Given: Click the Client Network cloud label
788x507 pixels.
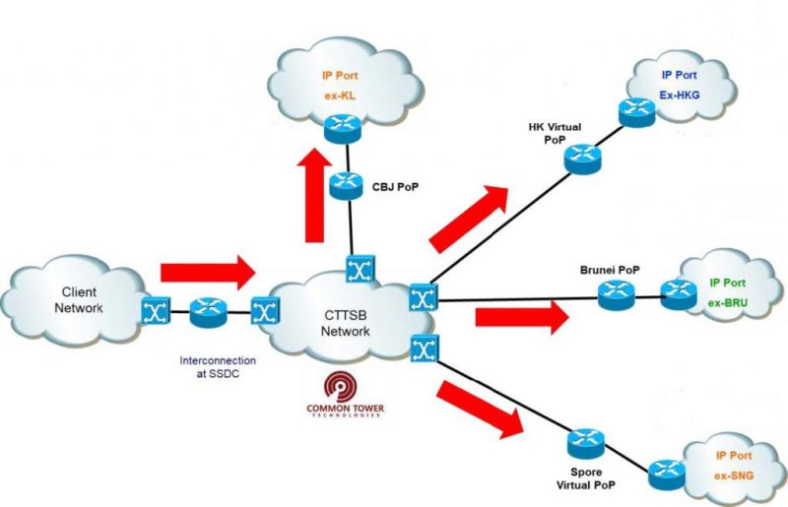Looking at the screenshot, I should pyautogui.click(x=86, y=299).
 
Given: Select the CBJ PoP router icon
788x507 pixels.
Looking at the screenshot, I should pyautogui.click(x=346, y=182).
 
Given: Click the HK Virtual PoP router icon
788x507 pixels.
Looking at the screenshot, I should pyautogui.click(x=583, y=156).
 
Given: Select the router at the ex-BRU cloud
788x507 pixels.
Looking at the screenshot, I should pyautogui.click(x=678, y=290).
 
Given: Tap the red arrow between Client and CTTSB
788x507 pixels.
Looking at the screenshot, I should pyautogui.click(x=206, y=267).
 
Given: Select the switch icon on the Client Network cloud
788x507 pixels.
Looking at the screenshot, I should pyautogui.click(x=156, y=313).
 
